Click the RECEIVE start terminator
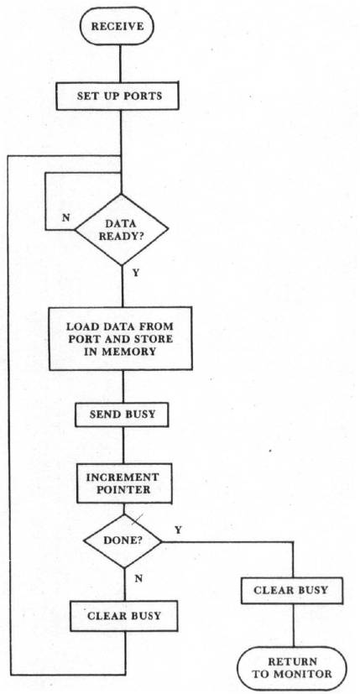(117, 26)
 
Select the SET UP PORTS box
(117, 96)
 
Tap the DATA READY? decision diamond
(122, 230)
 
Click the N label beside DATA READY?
(65, 218)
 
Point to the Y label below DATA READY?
(136, 273)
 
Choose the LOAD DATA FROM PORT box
(121, 338)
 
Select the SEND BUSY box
(122, 415)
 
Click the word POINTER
(123, 489)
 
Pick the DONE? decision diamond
(123, 541)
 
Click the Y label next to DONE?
(178, 530)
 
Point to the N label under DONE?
(138, 578)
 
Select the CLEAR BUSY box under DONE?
(124, 616)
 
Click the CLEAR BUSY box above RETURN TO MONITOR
(291, 591)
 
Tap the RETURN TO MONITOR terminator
(292, 668)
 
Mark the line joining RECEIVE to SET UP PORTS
(120, 63)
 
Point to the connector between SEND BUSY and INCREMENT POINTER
(123, 445)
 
